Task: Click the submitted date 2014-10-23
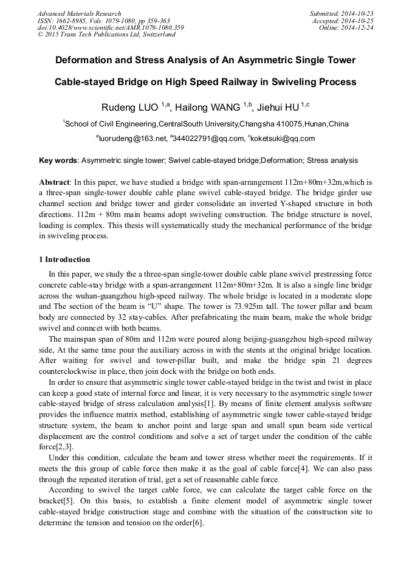pos(357,13)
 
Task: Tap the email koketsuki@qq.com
pos(283,139)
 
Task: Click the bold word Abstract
pos(55,182)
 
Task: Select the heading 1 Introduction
pos(64,260)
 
